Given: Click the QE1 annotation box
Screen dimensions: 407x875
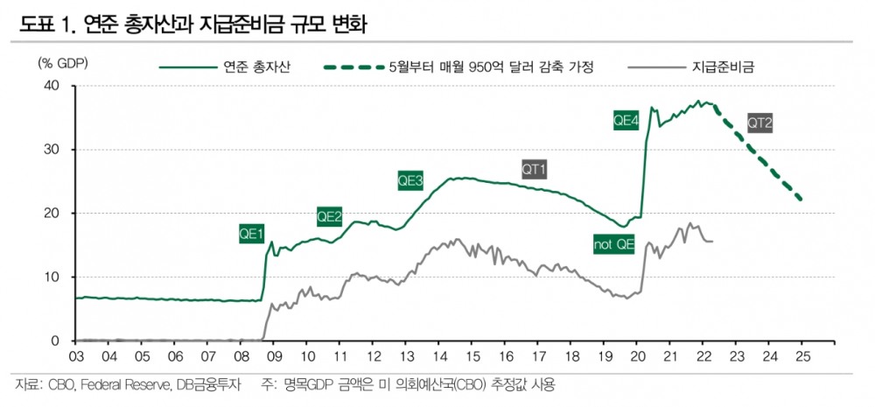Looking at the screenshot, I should click(x=251, y=234).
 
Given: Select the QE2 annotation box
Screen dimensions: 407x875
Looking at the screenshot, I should click(x=329, y=216).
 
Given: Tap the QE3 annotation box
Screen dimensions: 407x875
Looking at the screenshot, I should click(x=410, y=181).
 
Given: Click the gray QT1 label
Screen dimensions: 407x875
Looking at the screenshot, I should click(x=534, y=168).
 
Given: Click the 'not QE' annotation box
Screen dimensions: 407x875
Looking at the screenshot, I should click(x=613, y=245).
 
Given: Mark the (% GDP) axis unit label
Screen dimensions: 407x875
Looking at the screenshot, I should click(x=63, y=65).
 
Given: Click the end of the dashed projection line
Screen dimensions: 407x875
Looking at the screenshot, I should click(x=801, y=200).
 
